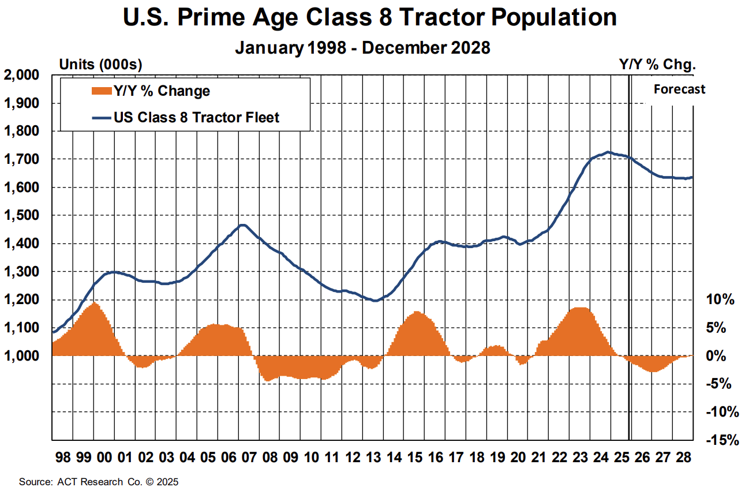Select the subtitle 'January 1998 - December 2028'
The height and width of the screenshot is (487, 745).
362,47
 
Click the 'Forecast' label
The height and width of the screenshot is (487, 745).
679,89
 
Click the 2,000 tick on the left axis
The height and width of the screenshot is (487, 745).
21,75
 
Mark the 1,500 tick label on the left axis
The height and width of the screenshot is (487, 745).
21,215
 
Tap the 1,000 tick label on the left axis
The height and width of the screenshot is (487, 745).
21,356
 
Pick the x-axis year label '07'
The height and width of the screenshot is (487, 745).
249,458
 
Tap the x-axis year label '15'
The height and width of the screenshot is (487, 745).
415,458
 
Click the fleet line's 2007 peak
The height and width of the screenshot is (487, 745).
243,225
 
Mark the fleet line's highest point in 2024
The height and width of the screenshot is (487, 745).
607,152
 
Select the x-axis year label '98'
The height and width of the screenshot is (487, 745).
63,458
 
